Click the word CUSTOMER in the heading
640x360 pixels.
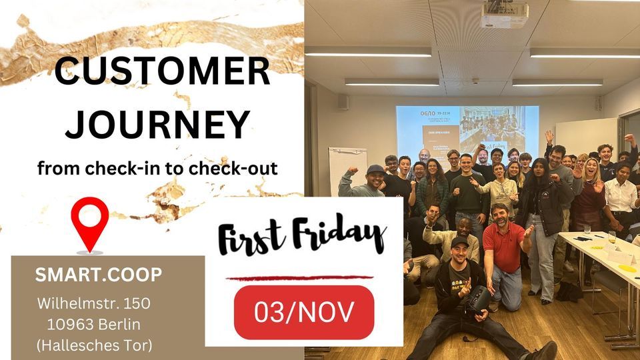(x=162, y=72)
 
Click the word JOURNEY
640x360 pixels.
(x=162, y=124)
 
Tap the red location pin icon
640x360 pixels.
(x=89, y=224)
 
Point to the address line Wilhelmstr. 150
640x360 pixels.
(x=94, y=303)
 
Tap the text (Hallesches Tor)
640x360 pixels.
(x=94, y=345)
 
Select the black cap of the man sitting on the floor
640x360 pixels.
(x=460, y=241)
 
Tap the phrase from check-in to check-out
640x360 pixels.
(x=157, y=169)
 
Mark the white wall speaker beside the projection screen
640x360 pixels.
(x=342, y=101)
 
